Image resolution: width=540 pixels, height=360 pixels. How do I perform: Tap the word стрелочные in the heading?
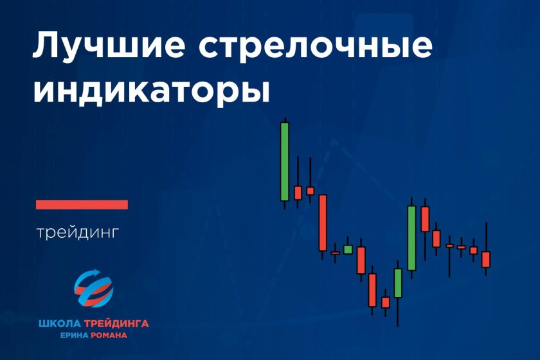[x=315, y=46]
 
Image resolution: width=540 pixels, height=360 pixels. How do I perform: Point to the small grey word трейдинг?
[x=78, y=233]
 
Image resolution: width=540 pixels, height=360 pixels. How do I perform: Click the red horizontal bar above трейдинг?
[x=82, y=204]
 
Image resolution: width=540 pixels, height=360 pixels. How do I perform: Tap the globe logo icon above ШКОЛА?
[x=94, y=289]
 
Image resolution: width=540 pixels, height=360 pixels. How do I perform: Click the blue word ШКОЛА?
[x=60, y=324]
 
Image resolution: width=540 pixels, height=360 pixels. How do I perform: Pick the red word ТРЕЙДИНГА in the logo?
[x=116, y=324]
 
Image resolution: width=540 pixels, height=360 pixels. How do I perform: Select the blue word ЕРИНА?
[x=75, y=335]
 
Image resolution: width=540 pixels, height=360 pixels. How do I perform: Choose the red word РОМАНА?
[x=109, y=335]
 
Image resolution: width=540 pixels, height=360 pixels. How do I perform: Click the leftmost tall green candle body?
[x=285, y=161]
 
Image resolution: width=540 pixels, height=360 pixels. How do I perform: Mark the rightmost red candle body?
[x=485, y=260]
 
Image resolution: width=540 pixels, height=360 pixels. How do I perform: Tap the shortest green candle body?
[x=348, y=249]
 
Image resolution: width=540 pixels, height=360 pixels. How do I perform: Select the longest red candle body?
[x=323, y=222]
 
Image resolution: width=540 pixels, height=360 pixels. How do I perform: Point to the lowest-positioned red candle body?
[x=386, y=303]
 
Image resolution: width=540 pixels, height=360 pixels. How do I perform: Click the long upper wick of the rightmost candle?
[x=486, y=237]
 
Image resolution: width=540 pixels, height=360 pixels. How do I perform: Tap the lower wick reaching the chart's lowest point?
[x=397, y=312]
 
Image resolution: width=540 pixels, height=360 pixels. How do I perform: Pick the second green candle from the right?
[x=398, y=283]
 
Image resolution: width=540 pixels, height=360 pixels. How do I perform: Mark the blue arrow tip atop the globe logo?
[x=99, y=271]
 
